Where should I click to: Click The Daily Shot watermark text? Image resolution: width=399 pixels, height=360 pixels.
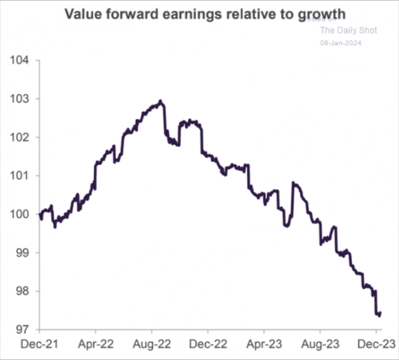(x=348, y=30)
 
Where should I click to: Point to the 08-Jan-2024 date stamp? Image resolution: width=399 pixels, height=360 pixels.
(x=341, y=43)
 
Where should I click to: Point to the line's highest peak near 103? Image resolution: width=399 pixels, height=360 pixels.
(x=160, y=101)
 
